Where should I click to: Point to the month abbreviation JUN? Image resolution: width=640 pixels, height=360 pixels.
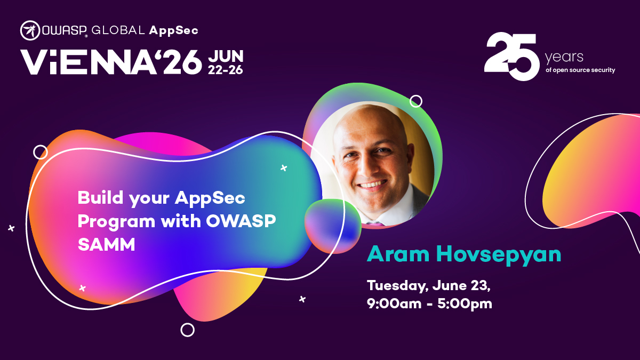pyautogui.click(x=226, y=56)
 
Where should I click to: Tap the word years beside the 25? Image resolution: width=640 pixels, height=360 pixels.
pyautogui.click(x=564, y=57)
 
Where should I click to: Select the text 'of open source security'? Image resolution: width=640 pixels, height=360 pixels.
pyautogui.click(x=580, y=70)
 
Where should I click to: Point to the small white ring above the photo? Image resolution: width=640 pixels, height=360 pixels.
pyautogui.click(x=416, y=101)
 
